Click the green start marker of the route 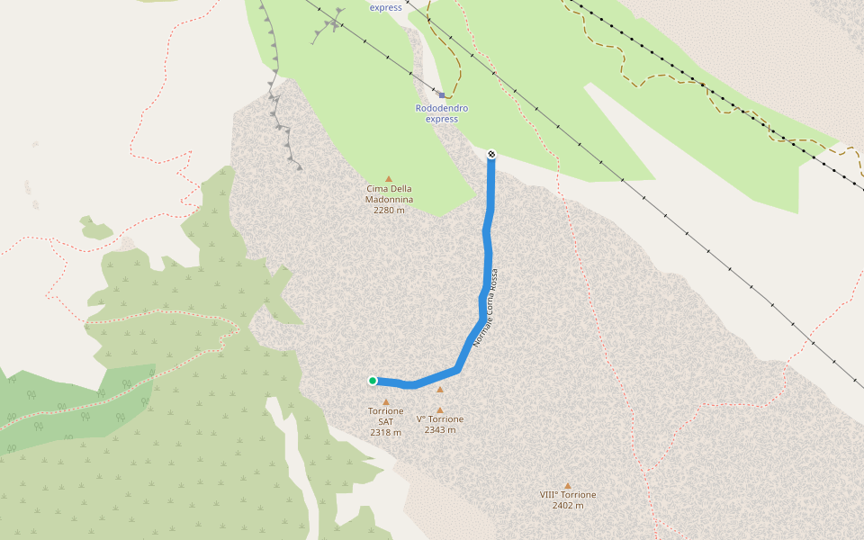point(373,381)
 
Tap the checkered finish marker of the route point(491,154)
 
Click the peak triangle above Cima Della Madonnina point(389,178)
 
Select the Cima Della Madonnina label point(389,193)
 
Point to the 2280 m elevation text point(389,210)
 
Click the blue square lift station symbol point(442,94)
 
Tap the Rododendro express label point(442,113)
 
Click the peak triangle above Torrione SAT point(386,401)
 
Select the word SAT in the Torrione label point(386,421)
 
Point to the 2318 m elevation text point(386,433)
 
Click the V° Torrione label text point(440,419)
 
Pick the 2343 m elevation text point(440,430)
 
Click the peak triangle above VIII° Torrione point(568,485)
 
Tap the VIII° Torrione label point(568,494)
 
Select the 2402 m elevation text point(568,505)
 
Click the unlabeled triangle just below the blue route point(440,390)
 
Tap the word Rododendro point(442,108)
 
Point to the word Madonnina point(389,199)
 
